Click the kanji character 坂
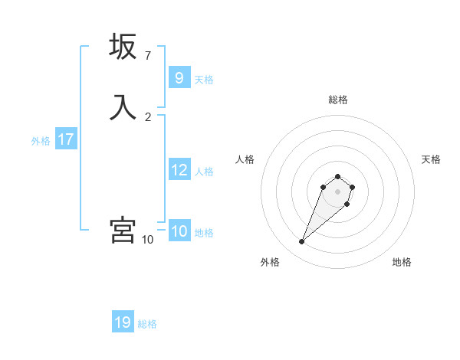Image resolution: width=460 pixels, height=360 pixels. click(x=123, y=47)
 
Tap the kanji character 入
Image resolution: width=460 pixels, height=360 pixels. click(x=123, y=107)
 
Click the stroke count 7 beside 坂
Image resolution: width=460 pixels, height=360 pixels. click(x=148, y=56)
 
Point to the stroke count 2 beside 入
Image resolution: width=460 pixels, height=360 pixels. click(x=148, y=116)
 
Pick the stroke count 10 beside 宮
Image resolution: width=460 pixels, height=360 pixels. click(x=148, y=240)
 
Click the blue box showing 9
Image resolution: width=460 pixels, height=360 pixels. click(x=179, y=78)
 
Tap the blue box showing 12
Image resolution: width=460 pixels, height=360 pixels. click(x=179, y=170)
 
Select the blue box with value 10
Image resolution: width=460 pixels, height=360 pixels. click(x=179, y=232)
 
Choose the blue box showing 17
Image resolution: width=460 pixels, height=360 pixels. click(x=66, y=140)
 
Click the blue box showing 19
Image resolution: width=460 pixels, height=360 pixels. click(x=123, y=322)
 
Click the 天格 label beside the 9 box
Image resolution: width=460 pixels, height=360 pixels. click(x=204, y=80)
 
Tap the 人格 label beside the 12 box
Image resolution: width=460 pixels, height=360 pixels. click(x=205, y=172)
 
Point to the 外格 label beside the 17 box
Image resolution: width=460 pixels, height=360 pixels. click(x=41, y=141)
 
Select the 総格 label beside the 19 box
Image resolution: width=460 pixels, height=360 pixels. click(x=147, y=324)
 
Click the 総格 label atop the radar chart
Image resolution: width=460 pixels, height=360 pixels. click(x=338, y=100)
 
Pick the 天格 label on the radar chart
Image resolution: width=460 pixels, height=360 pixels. click(x=431, y=159)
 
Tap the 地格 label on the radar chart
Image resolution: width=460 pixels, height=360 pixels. click(x=402, y=262)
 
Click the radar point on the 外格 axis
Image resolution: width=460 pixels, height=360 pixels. click(x=302, y=242)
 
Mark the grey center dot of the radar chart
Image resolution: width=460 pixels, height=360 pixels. click(x=338, y=191)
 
